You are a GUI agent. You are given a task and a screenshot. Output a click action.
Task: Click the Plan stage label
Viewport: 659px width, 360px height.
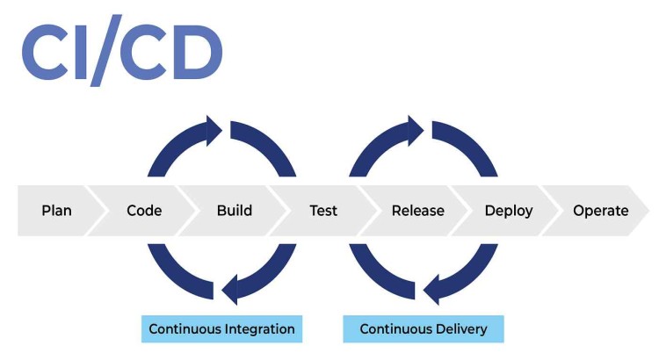click(56, 211)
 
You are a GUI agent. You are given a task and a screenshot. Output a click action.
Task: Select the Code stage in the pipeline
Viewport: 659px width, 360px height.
click(144, 211)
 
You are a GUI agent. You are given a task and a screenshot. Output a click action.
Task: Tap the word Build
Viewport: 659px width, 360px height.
click(234, 211)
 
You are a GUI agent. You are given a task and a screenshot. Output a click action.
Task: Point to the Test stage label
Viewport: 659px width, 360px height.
click(323, 211)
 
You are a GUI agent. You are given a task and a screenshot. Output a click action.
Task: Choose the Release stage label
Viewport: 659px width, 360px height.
click(417, 211)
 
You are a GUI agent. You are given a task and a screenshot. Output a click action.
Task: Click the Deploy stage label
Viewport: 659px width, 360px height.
click(509, 211)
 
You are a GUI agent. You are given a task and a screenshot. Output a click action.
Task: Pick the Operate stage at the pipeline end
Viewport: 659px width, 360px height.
click(600, 211)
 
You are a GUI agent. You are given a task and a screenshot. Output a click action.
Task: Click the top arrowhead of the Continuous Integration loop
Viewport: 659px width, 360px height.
click(213, 130)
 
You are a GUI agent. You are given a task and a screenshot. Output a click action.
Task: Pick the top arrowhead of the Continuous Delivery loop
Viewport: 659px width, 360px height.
click(415, 130)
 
